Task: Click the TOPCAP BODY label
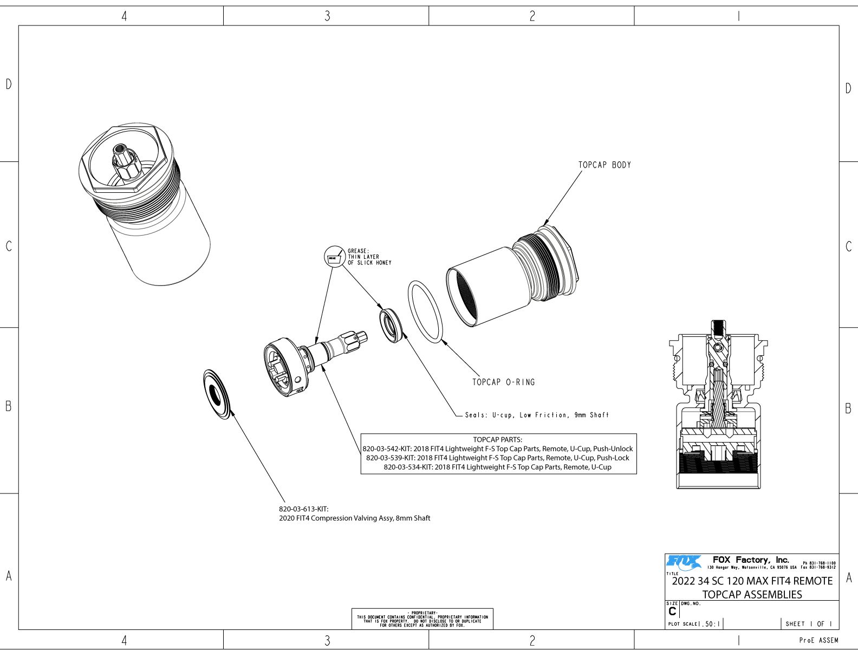604,165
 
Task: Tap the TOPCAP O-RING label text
503,382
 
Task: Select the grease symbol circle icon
334,256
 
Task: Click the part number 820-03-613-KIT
304,509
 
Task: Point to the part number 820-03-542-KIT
386,448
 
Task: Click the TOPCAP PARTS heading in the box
497,439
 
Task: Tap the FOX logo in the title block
684,563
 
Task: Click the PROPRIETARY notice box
422,619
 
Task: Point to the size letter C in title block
672,612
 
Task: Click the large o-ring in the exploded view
425,311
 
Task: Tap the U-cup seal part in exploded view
391,325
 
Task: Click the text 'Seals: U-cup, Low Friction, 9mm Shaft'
536,415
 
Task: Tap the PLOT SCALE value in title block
710,624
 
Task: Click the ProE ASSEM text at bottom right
818,640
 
